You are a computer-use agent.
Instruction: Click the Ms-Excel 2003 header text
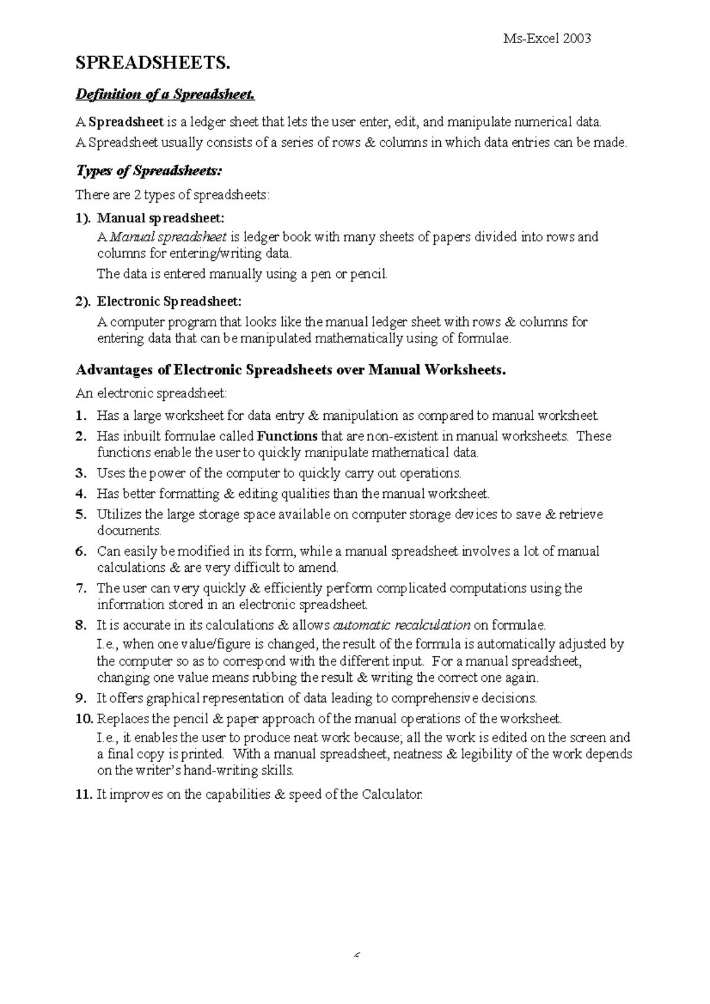[x=546, y=39]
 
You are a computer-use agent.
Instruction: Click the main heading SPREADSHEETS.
[x=151, y=63]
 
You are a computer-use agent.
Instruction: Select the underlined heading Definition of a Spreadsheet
[x=165, y=95]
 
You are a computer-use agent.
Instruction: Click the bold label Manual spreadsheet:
[x=161, y=218]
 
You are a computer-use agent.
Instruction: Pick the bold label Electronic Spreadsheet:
[x=169, y=302]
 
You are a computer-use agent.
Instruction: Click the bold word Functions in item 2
[x=288, y=436]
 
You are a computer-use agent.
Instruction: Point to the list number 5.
[x=81, y=514]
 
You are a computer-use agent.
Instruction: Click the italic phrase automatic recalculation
[x=402, y=625]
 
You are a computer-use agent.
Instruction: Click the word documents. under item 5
[x=128, y=530]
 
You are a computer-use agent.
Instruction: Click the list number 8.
[x=81, y=625]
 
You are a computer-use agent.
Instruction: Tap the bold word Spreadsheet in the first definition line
[x=126, y=122]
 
